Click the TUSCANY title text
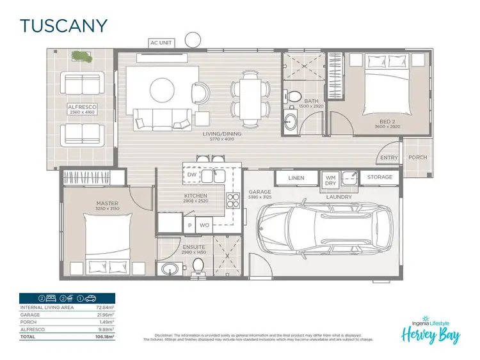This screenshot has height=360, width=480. click(63, 26)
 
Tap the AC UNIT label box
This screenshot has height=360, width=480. click(161, 43)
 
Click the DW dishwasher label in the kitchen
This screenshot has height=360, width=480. click(191, 173)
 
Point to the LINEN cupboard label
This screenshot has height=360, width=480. click(296, 178)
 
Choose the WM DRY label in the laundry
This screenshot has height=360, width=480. click(330, 180)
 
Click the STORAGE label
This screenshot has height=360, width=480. click(380, 178)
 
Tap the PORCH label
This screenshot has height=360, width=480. click(418, 157)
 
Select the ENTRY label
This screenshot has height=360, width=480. click(389, 158)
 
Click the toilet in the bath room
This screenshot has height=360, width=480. click(294, 97)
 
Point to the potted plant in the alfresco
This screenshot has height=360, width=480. click(81, 57)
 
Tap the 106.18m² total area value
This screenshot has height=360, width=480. click(104, 336)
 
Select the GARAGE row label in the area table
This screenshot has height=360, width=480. click(30, 315)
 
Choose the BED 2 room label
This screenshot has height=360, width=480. click(387, 122)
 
